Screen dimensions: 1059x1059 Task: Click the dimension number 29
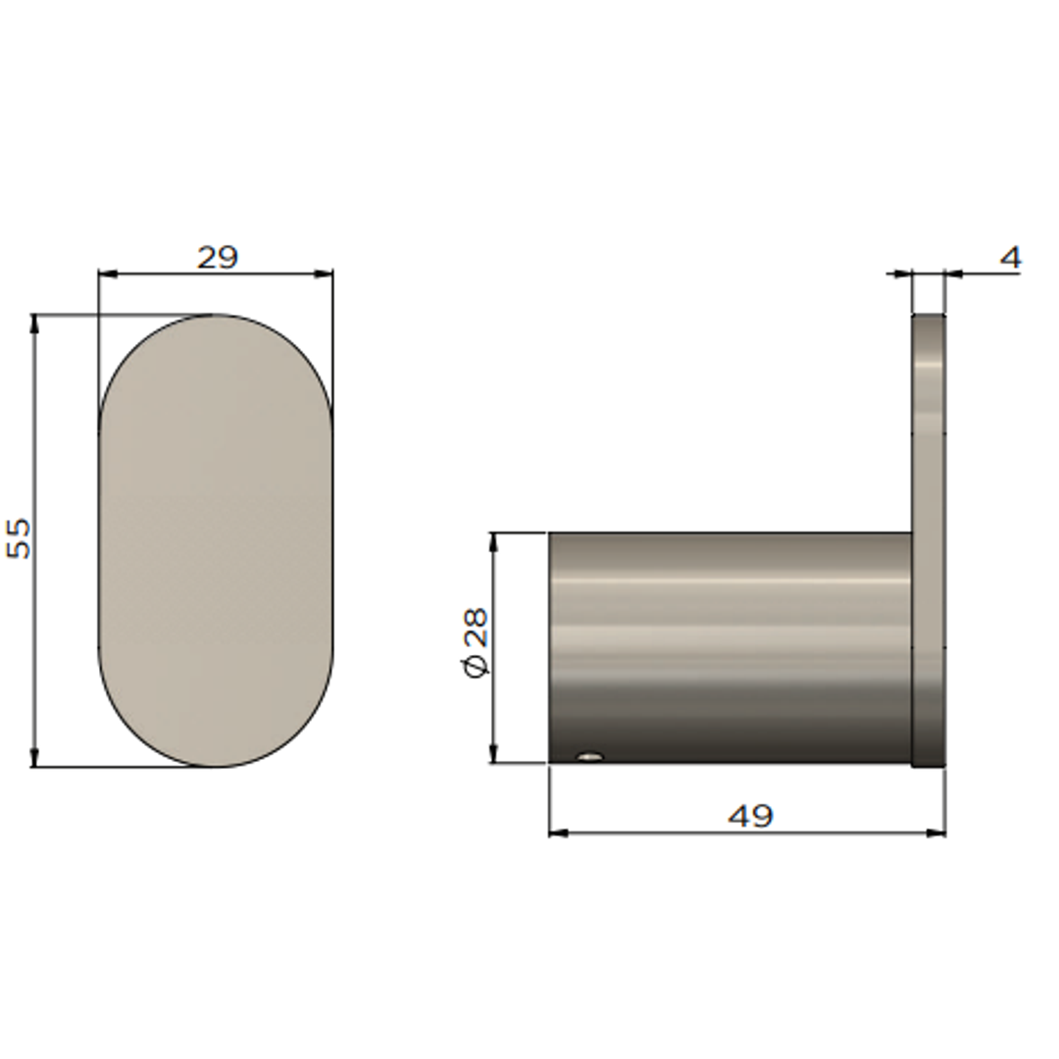point(217,258)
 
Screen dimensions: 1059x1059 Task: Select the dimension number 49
point(751,816)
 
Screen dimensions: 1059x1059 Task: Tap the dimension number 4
point(1010,258)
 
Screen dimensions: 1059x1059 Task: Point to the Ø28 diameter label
point(475,641)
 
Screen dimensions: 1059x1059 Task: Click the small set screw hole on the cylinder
point(589,756)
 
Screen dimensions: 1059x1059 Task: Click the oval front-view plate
point(216,540)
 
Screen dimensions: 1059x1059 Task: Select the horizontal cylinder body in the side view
point(731,647)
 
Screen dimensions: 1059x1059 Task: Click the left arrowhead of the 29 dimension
point(107,275)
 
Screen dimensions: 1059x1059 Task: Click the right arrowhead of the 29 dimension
point(325,275)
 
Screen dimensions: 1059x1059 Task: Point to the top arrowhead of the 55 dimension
point(35,324)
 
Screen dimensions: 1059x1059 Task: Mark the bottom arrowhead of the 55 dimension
point(35,758)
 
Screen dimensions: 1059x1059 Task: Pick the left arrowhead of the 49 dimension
point(558,832)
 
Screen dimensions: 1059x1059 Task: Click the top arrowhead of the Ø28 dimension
point(493,542)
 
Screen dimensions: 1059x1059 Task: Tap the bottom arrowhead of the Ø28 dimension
point(493,754)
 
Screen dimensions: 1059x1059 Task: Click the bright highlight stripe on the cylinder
point(731,580)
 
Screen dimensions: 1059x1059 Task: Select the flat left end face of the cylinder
point(551,647)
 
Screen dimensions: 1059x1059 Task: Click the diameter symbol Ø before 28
point(475,667)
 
